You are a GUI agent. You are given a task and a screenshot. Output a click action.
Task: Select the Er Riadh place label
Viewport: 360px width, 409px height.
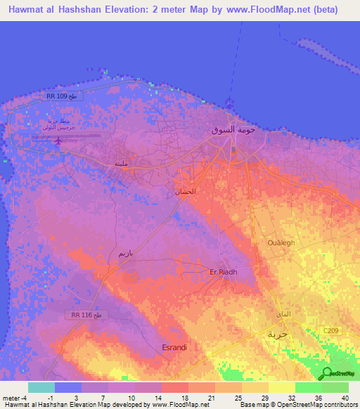(x=224, y=272)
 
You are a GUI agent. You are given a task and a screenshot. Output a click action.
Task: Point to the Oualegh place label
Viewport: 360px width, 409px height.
(x=283, y=242)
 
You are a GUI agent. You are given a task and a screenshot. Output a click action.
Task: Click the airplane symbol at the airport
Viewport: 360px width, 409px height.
(x=59, y=140)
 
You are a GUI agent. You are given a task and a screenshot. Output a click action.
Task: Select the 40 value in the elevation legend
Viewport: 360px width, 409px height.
(x=344, y=398)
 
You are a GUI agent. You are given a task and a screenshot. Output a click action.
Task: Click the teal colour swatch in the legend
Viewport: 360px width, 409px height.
(x=41, y=387)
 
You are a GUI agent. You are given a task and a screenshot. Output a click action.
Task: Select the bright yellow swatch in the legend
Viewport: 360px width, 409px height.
(x=282, y=387)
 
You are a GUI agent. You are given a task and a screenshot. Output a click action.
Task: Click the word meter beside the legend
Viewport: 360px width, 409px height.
(x=13, y=398)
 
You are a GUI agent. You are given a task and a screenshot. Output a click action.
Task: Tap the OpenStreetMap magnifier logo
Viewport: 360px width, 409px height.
(x=328, y=373)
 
